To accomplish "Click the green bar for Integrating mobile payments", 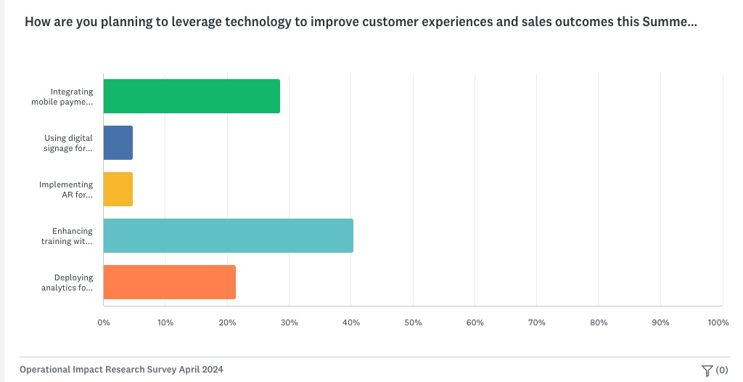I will click(x=192, y=97).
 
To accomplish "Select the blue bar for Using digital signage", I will click(x=118, y=143).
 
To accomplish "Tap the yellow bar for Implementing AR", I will click(x=118, y=190).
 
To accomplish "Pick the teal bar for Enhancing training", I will click(x=229, y=236).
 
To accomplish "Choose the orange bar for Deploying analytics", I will click(x=170, y=283).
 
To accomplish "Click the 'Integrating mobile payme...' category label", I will click(x=62, y=97).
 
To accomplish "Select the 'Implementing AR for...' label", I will click(x=66, y=190).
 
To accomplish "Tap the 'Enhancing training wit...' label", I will click(x=67, y=237).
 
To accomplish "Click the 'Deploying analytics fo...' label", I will click(x=67, y=283).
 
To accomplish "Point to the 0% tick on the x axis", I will click(x=104, y=322).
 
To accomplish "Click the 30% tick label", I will click(x=289, y=322).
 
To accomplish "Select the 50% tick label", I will click(x=413, y=322).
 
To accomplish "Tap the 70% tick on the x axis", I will click(x=536, y=322).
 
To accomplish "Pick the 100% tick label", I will click(x=718, y=322).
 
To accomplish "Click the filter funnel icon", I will click(x=707, y=370).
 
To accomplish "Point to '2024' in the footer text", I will click(x=212, y=370).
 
